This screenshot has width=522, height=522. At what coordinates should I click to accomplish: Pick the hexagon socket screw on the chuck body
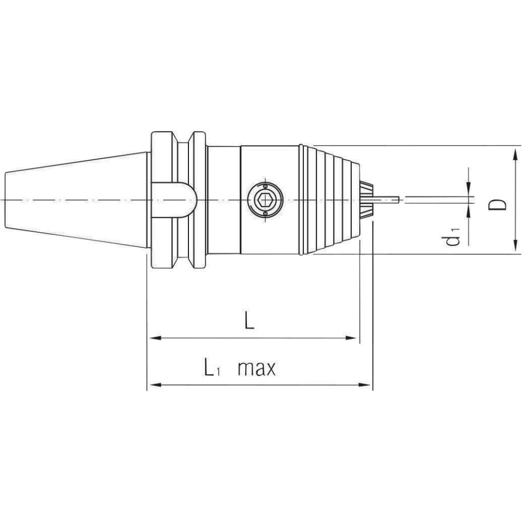click(265, 200)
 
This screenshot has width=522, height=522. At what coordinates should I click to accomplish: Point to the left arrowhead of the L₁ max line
click(153, 386)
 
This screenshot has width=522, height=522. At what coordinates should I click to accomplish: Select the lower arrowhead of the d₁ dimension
click(469, 209)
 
